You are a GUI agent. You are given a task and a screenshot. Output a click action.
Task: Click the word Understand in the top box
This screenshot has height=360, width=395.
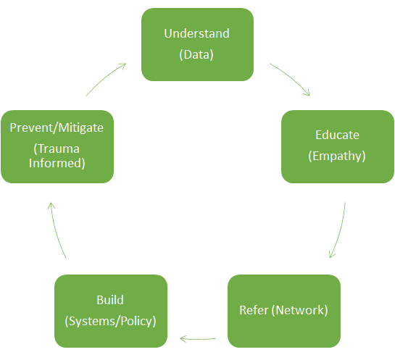196,33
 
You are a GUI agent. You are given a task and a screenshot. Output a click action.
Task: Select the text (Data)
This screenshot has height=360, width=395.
196,54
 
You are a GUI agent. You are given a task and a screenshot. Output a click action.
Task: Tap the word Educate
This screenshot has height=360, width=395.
337,135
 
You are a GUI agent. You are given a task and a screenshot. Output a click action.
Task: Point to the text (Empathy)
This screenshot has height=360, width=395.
337,156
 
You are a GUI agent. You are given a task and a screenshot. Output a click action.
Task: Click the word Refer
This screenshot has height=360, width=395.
254,310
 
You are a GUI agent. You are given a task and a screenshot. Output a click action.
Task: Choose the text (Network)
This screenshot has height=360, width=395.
300,310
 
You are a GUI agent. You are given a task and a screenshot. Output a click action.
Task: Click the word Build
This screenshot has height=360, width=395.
110,300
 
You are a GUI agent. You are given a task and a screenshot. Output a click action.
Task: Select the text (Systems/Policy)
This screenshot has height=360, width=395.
110,321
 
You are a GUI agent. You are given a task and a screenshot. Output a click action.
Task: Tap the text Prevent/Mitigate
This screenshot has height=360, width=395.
57,127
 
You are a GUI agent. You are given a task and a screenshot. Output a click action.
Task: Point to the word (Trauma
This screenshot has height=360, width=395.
57,148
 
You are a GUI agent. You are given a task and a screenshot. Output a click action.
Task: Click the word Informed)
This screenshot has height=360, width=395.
57,163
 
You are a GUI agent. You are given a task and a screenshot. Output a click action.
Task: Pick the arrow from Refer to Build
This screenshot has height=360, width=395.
198,339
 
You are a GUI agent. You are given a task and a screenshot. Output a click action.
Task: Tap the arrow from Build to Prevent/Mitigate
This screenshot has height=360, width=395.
57,230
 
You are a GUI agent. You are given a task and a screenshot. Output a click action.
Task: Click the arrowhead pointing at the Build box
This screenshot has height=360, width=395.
183,339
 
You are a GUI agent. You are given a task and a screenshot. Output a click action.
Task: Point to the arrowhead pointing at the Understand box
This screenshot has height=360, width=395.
123,65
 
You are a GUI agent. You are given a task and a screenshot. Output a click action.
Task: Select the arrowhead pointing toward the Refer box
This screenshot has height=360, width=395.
331,255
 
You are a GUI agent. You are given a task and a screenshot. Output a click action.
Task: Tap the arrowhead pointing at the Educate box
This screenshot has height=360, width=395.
307,93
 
